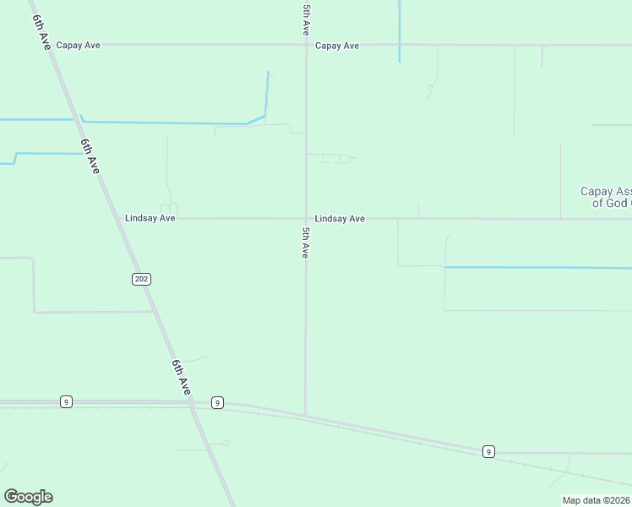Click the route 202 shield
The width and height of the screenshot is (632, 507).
coord(141,279)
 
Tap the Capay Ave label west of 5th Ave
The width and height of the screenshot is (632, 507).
coord(79,45)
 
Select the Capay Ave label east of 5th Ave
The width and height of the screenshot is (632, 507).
coord(337,46)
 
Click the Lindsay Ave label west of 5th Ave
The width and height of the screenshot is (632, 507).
coord(150,218)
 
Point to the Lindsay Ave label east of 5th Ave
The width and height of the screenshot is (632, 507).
coord(340,219)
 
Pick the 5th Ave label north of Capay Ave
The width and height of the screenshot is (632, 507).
coord(306,19)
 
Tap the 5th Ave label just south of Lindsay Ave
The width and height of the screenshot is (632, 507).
coord(306,243)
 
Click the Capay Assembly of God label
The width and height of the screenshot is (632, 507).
coord(605,197)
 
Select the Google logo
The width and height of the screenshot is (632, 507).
coord(28,497)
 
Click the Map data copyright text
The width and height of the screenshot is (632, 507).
coord(597,500)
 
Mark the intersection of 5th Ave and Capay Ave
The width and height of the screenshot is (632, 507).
coord(306,45)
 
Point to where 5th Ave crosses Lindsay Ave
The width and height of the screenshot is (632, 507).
coord(306,218)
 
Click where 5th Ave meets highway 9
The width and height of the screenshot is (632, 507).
coord(306,416)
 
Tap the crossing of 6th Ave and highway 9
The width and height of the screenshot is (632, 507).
coord(192,404)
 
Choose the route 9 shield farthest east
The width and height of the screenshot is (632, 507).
coord(488,452)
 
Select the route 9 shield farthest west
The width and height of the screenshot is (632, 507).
coord(66,401)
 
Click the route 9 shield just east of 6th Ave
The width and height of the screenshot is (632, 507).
coord(217,402)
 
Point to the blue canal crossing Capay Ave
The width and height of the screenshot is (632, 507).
coord(399,45)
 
